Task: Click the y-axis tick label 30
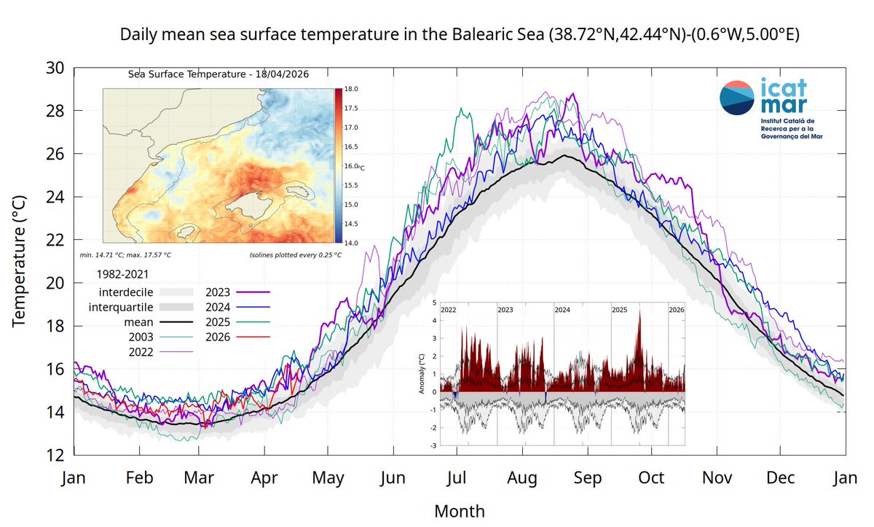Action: coord(55,69)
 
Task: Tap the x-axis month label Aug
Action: coord(522,479)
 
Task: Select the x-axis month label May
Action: coord(328,479)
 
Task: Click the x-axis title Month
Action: coord(459,511)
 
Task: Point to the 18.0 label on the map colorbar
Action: coord(352,89)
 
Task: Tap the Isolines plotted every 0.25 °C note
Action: coord(295,256)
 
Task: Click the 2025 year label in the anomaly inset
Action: coord(620,310)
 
